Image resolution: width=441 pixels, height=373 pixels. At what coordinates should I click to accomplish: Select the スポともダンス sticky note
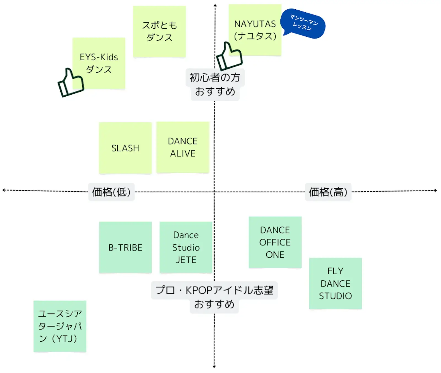click(159, 31)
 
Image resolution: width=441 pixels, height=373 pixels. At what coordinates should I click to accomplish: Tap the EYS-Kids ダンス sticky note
click(99, 63)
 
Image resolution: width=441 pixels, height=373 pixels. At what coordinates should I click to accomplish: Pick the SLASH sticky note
click(125, 148)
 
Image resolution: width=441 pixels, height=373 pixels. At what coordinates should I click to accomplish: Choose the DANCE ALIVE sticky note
click(183, 147)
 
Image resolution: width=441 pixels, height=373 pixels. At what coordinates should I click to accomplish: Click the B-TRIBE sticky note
click(125, 247)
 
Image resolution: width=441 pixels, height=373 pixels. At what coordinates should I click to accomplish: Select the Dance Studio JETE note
click(186, 247)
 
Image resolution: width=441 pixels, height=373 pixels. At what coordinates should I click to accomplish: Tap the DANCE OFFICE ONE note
click(275, 242)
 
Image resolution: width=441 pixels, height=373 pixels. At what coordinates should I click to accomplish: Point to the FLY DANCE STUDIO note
click(335, 283)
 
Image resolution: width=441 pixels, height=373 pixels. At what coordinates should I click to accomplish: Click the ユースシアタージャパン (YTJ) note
click(60, 326)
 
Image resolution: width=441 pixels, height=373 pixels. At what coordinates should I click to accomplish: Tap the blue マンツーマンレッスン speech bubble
click(303, 23)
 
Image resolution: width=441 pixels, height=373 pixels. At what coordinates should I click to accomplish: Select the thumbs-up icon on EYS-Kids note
click(71, 83)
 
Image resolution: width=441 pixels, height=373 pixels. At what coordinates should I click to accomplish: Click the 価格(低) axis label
click(111, 192)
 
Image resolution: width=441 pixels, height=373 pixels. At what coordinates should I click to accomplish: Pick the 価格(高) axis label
click(328, 192)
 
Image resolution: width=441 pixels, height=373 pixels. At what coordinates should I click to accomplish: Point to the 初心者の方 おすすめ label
click(215, 84)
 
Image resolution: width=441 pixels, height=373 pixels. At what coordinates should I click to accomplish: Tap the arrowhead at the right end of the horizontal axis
click(436, 190)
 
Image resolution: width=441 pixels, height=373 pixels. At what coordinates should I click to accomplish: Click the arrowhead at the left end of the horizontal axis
click(4, 190)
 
